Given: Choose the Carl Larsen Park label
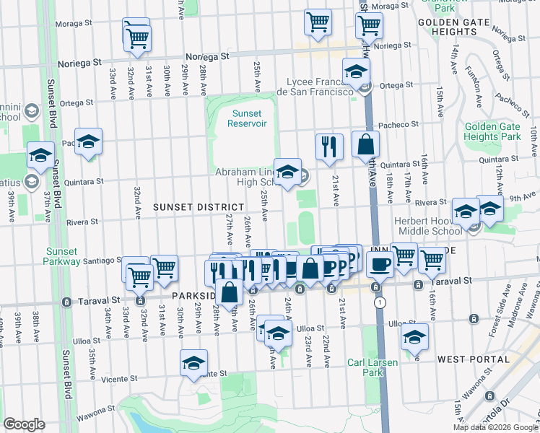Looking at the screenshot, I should point(372,367).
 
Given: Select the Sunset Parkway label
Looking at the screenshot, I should point(64,256).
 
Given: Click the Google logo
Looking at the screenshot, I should point(24,424).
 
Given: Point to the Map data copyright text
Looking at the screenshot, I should point(495,427).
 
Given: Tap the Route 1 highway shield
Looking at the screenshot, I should point(379,303).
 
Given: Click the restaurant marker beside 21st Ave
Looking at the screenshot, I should point(329,146).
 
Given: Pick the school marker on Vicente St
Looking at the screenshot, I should point(193,364).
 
